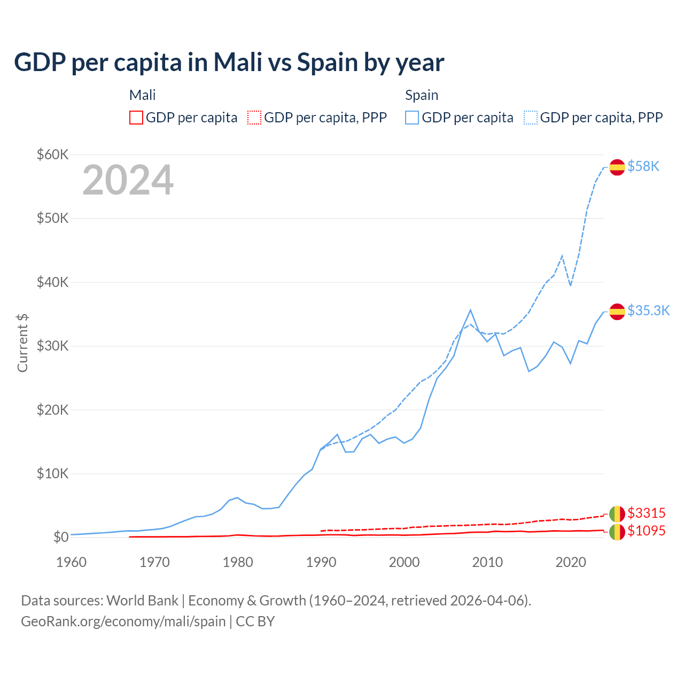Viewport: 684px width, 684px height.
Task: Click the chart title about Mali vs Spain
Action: (x=229, y=62)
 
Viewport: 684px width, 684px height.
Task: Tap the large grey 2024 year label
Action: (x=128, y=180)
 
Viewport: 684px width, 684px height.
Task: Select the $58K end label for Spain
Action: (x=643, y=166)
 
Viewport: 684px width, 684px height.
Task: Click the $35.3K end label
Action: (x=648, y=310)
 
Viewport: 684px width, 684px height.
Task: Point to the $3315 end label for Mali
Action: (x=646, y=513)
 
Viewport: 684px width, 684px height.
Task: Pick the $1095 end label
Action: (x=646, y=531)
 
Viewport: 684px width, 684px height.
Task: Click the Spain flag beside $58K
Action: (x=617, y=167)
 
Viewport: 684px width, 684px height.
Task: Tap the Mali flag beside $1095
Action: (x=617, y=532)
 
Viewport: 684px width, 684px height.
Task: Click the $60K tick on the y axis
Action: (x=52, y=154)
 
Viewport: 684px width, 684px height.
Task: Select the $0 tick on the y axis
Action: (x=60, y=537)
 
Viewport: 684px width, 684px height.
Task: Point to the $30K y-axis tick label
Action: (x=52, y=346)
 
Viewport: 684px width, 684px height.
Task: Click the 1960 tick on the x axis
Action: (x=71, y=562)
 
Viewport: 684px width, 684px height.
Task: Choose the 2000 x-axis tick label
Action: (x=405, y=562)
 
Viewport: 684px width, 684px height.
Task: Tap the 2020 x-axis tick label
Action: (x=571, y=562)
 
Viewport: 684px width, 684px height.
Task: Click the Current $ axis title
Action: (x=22, y=343)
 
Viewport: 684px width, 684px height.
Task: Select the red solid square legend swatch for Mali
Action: (x=136, y=118)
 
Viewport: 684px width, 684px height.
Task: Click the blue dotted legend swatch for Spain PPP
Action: (x=531, y=118)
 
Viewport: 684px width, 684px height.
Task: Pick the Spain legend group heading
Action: (x=422, y=95)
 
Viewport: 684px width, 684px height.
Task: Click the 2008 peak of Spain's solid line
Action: (x=470, y=310)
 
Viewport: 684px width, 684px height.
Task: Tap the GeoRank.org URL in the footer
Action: (x=123, y=621)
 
